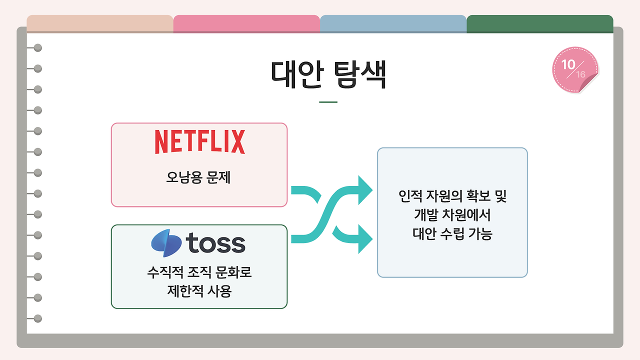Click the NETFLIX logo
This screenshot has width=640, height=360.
pos(199,141)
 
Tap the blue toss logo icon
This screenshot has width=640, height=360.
pos(166,243)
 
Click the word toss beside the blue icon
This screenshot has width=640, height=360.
pos(215,243)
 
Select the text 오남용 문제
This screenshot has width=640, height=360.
pos(198,177)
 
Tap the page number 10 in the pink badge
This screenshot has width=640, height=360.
pos(568,64)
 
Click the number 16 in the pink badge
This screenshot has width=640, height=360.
pos(580,74)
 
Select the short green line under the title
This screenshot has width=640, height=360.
pos(328,102)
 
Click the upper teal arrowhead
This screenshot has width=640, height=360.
pos(365,190)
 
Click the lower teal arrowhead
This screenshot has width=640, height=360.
pos(365,238)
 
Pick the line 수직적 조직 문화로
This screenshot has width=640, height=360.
pos(198,273)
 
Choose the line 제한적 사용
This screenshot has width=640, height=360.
pos(199,291)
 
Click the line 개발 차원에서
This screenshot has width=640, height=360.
pos(452,215)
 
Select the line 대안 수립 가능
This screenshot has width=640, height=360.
pos(452,233)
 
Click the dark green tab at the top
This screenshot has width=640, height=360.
pos(539,23)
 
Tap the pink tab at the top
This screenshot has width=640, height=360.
pos(246,23)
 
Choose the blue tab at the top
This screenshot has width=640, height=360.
pos(393,23)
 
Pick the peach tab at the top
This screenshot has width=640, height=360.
pos(100,23)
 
